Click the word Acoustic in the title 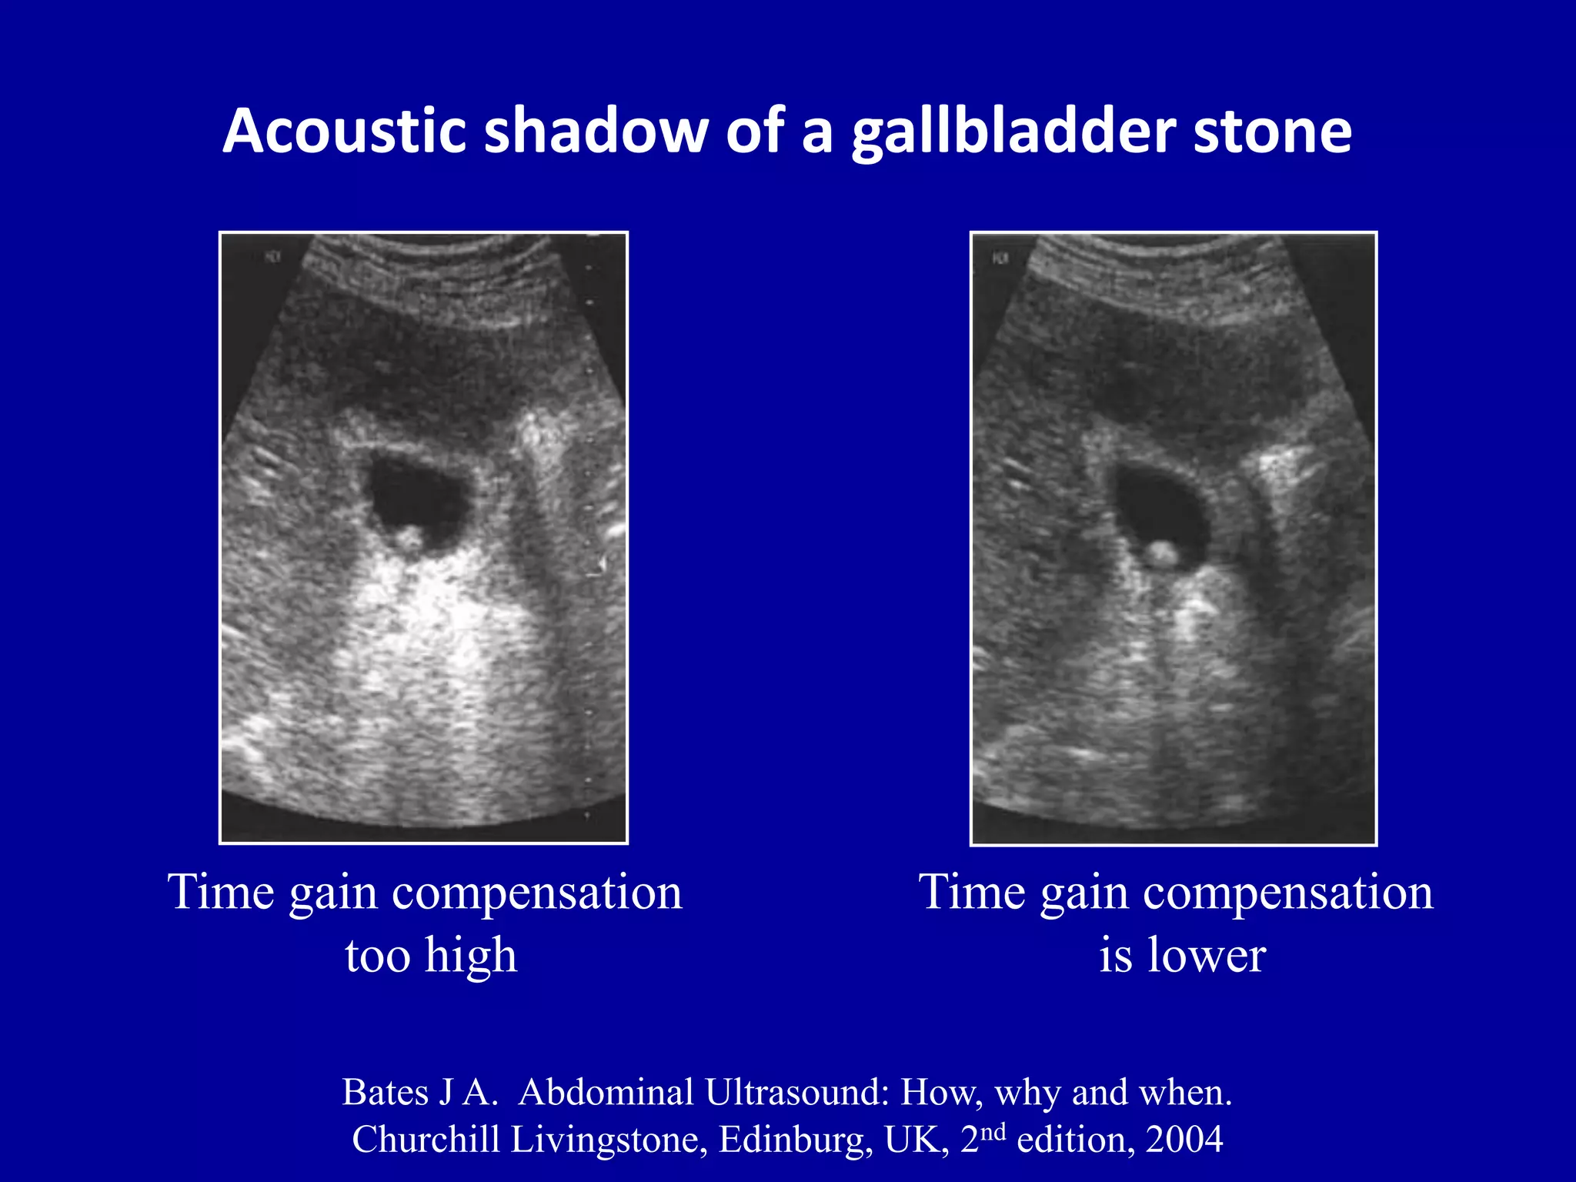[x=344, y=131]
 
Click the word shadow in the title [x=596, y=131]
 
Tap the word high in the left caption [x=471, y=956]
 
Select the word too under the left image [x=377, y=956]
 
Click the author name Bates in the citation [x=385, y=1092]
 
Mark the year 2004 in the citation [x=1184, y=1140]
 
